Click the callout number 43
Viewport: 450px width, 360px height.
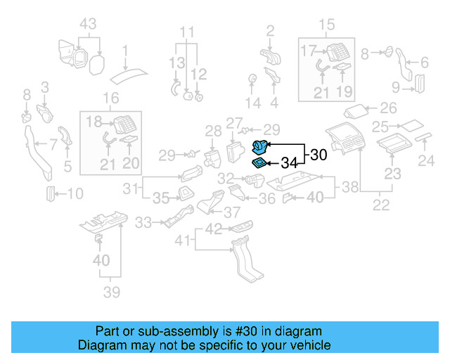[87, 23]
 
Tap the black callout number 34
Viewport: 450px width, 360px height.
[290, 164]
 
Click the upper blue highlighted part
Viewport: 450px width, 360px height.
[260, 147]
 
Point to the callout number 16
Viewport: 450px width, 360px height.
[111, 98]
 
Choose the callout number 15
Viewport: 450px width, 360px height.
[328, 26]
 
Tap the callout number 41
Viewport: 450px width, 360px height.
[182, 241]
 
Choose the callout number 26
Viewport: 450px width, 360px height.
[388, 109]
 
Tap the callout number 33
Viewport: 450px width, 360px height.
[143, 223]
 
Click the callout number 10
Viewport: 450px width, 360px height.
[75, 193]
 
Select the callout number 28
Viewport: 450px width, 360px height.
[213, 130]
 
